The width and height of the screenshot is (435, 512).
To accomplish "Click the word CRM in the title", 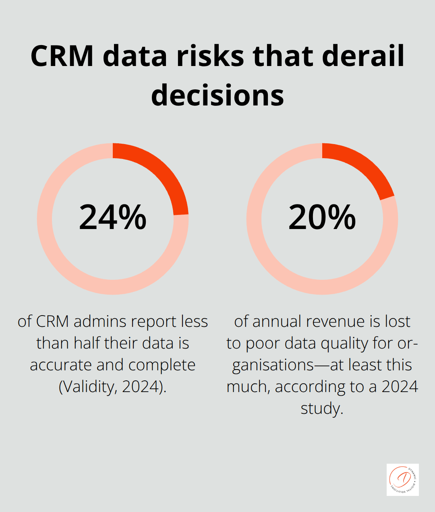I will tap(62, 56).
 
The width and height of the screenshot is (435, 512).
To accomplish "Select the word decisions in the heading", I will tap(217, 96).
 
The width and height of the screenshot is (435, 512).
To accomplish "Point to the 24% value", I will tap(113, 218).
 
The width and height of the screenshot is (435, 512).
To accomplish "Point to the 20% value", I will tap(322, 218).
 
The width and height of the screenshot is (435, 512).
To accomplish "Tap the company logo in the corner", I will tap(402, 479).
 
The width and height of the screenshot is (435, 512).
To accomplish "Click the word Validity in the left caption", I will tap(87, 387).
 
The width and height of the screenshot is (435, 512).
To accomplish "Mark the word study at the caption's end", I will tap(321, 409).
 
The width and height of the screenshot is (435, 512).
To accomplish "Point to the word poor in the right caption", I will tap(263, 343).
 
